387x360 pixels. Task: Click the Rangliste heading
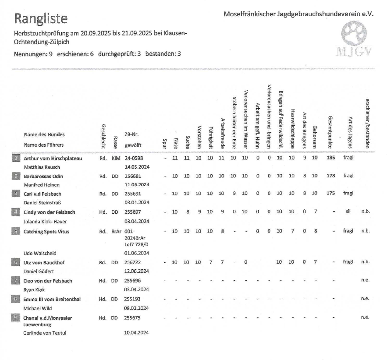tap(41, 18)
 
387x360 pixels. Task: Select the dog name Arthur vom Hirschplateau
tap(53, 158)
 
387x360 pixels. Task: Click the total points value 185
tap(331, 158)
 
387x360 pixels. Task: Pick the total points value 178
tap(331, 176)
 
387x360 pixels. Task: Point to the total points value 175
tap(331, 193)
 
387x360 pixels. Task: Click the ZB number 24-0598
tap(134, 158)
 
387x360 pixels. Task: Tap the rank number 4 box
tap(15, 212)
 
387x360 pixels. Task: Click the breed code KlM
tap(116, 158)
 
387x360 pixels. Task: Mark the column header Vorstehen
tap(199, 138)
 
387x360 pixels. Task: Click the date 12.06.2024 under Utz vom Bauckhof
tap(137, 271)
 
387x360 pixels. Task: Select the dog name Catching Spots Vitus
tap(46, 231)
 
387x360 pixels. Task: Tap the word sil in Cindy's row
tap(348, 211)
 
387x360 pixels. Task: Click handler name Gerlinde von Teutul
tap(45, 333)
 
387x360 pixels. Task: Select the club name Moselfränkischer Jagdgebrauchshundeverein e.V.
tap(298, 14)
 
